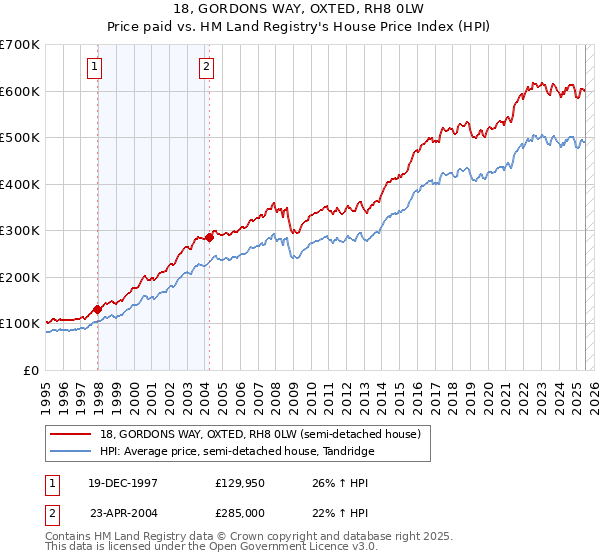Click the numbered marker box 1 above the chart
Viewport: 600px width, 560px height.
pyautogui.click(x=94, y=68)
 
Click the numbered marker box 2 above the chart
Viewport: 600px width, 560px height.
pyautogui.click(x=206, y=68)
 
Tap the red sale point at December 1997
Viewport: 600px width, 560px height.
pyautogui.click(x=97, y=309)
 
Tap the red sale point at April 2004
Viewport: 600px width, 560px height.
pyautogui.click(x=209, y=237)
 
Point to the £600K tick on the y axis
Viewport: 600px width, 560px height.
pyautogui.click(x=19, y=91)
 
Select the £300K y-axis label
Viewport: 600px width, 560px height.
pyautogui.click(x=19, y=230)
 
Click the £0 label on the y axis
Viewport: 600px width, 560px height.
pyautogui.click(x=30, y=370)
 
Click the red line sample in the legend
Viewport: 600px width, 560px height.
pyautogui.click(x=70, y=434)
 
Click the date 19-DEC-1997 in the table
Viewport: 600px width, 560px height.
pyautogui.click(x=120, y=482)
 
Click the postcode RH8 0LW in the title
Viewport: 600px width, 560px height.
pyautogui.click(x=399, y=9)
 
